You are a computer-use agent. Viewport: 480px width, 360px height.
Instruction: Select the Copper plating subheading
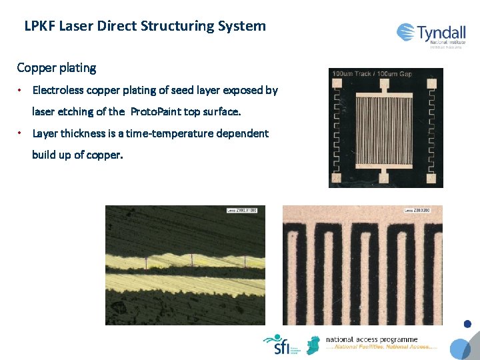point(57,68)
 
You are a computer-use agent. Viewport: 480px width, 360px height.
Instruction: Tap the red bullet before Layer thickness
point(21,133)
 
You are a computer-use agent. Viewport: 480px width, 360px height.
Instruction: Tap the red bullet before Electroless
point(21,90)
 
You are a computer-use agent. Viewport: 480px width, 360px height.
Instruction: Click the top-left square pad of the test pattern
point(337,84)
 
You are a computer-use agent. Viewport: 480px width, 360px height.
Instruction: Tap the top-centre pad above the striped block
point(384,84)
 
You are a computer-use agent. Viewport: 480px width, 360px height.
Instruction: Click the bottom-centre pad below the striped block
point(384,178)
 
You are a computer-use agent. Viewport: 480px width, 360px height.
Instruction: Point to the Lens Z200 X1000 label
point(242,211)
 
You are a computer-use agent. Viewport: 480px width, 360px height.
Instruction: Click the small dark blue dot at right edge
point(467,324)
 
